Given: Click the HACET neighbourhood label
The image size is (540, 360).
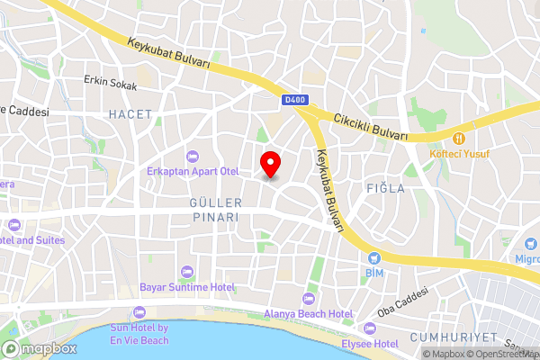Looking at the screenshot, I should coord(130,114).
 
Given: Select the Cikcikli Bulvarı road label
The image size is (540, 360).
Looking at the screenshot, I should coord(371,127).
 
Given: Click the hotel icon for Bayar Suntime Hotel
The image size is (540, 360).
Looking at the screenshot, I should coord(187,272).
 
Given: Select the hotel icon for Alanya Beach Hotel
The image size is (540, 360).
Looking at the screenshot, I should coord(307,299).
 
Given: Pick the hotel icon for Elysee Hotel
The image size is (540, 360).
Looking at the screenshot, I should coord(370,328).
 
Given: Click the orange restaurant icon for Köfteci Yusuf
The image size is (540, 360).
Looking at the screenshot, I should coord(459,139).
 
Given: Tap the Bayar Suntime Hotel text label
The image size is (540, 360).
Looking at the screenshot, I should coord(187,287).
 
